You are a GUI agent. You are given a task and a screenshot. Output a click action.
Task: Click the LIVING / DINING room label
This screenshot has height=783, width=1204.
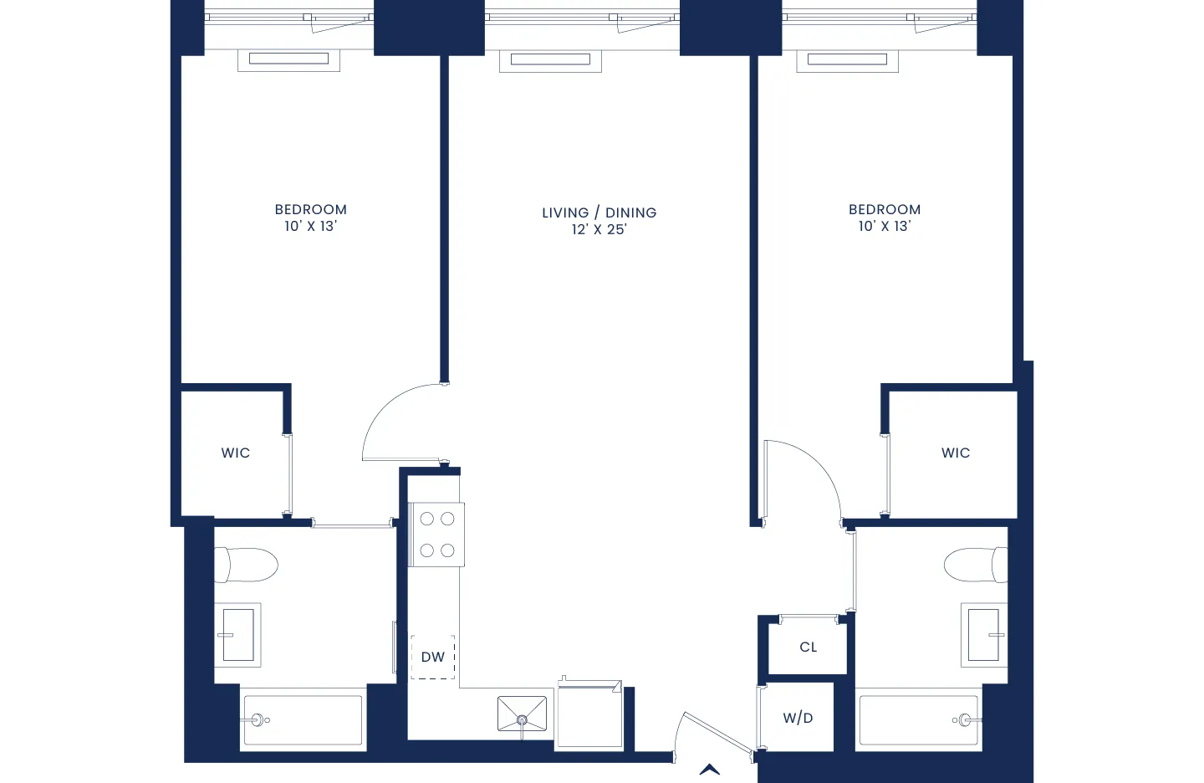pyautogui.click(x=599, y=212)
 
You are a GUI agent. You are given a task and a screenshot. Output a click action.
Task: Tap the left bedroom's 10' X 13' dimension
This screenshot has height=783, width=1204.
pyautogui.click(x=310, y=226)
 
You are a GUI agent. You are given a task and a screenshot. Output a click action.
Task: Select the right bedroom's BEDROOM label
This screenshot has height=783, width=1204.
pyautogui.click(x=885, y=209)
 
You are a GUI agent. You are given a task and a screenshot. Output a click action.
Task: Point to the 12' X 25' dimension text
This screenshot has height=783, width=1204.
pyautogui.click(x=599, y=229)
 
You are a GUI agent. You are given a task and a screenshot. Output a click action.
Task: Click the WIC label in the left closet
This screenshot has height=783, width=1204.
pyautogui.click(x=236, y=453)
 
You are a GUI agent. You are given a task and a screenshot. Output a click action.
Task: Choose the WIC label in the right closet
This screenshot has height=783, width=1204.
pyautogui.click(x=956, y=453)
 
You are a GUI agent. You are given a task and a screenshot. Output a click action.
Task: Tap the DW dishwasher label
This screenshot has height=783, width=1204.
pyautogui.click(x=433, y=657)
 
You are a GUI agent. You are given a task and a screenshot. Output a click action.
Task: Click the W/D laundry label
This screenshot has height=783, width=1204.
pyautogui.click(x=798, y=718)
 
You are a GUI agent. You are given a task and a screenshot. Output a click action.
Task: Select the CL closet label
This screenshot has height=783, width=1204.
pyautogui.click(x=809, y=647)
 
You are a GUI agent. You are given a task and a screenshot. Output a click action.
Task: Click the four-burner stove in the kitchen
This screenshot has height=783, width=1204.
pyautogui.click(x=436, y=535)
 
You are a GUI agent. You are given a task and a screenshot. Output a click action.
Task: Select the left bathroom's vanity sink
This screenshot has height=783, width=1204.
pyautogui.click(x=238, y=635)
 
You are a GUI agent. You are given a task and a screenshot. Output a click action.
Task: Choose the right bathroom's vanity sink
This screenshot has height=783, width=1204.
pyautogui.click(x=983, y=635)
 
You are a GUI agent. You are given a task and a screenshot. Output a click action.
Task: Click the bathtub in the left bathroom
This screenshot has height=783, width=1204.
pyautogui.click(x=303, y=719)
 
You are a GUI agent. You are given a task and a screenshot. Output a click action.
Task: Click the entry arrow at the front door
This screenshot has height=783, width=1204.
pyautogui.click(x=710, y=770)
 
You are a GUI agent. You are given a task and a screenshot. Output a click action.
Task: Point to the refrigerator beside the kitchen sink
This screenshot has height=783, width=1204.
pyautogui.click(x=589, y=716)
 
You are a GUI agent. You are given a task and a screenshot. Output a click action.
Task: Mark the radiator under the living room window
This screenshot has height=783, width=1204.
pyautogui.click(x=550, y=59)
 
